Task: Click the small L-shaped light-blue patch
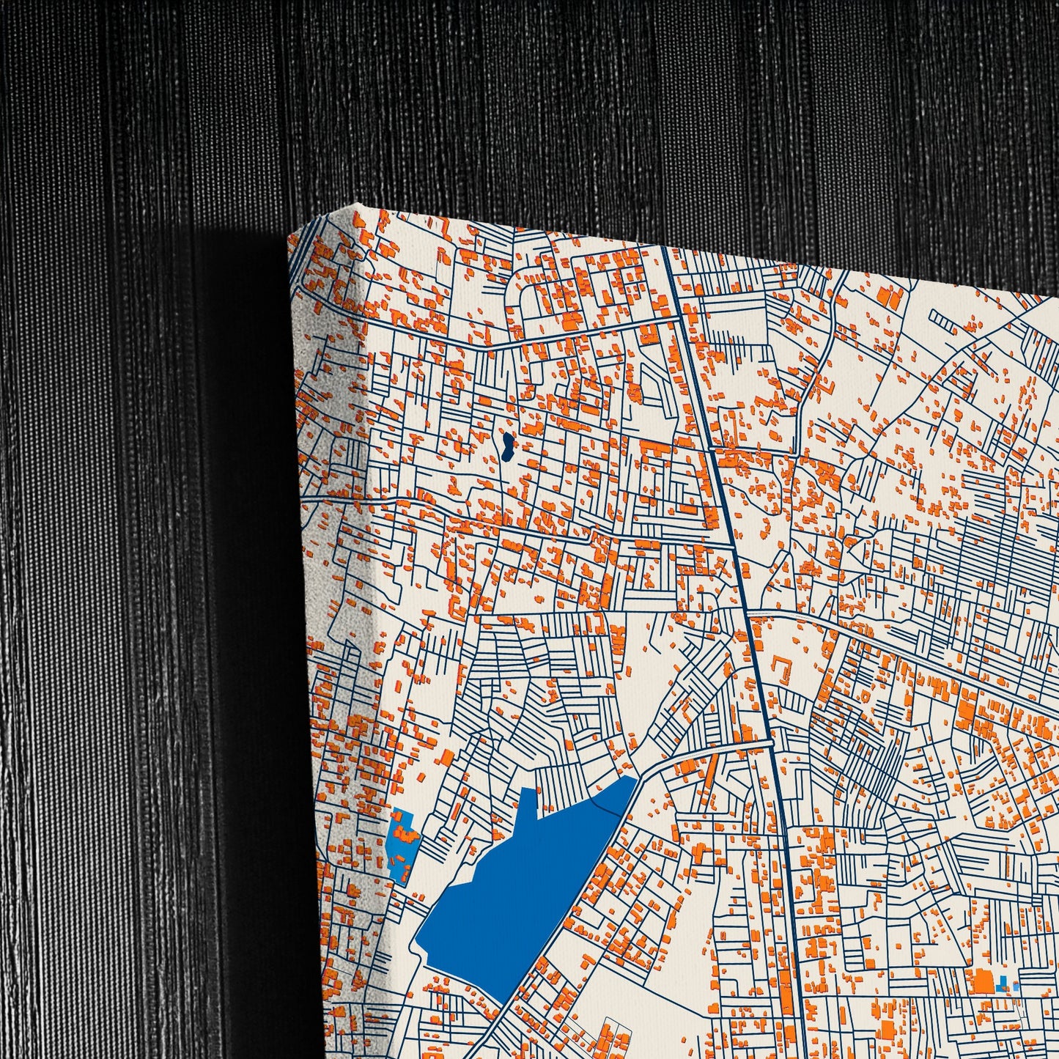click(x=1003, y=983)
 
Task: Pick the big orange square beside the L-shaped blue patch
click(x=982, y=981)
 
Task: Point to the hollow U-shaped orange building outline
click(x=783, y=669)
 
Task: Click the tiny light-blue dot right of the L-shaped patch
click(x=1016, y=986)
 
